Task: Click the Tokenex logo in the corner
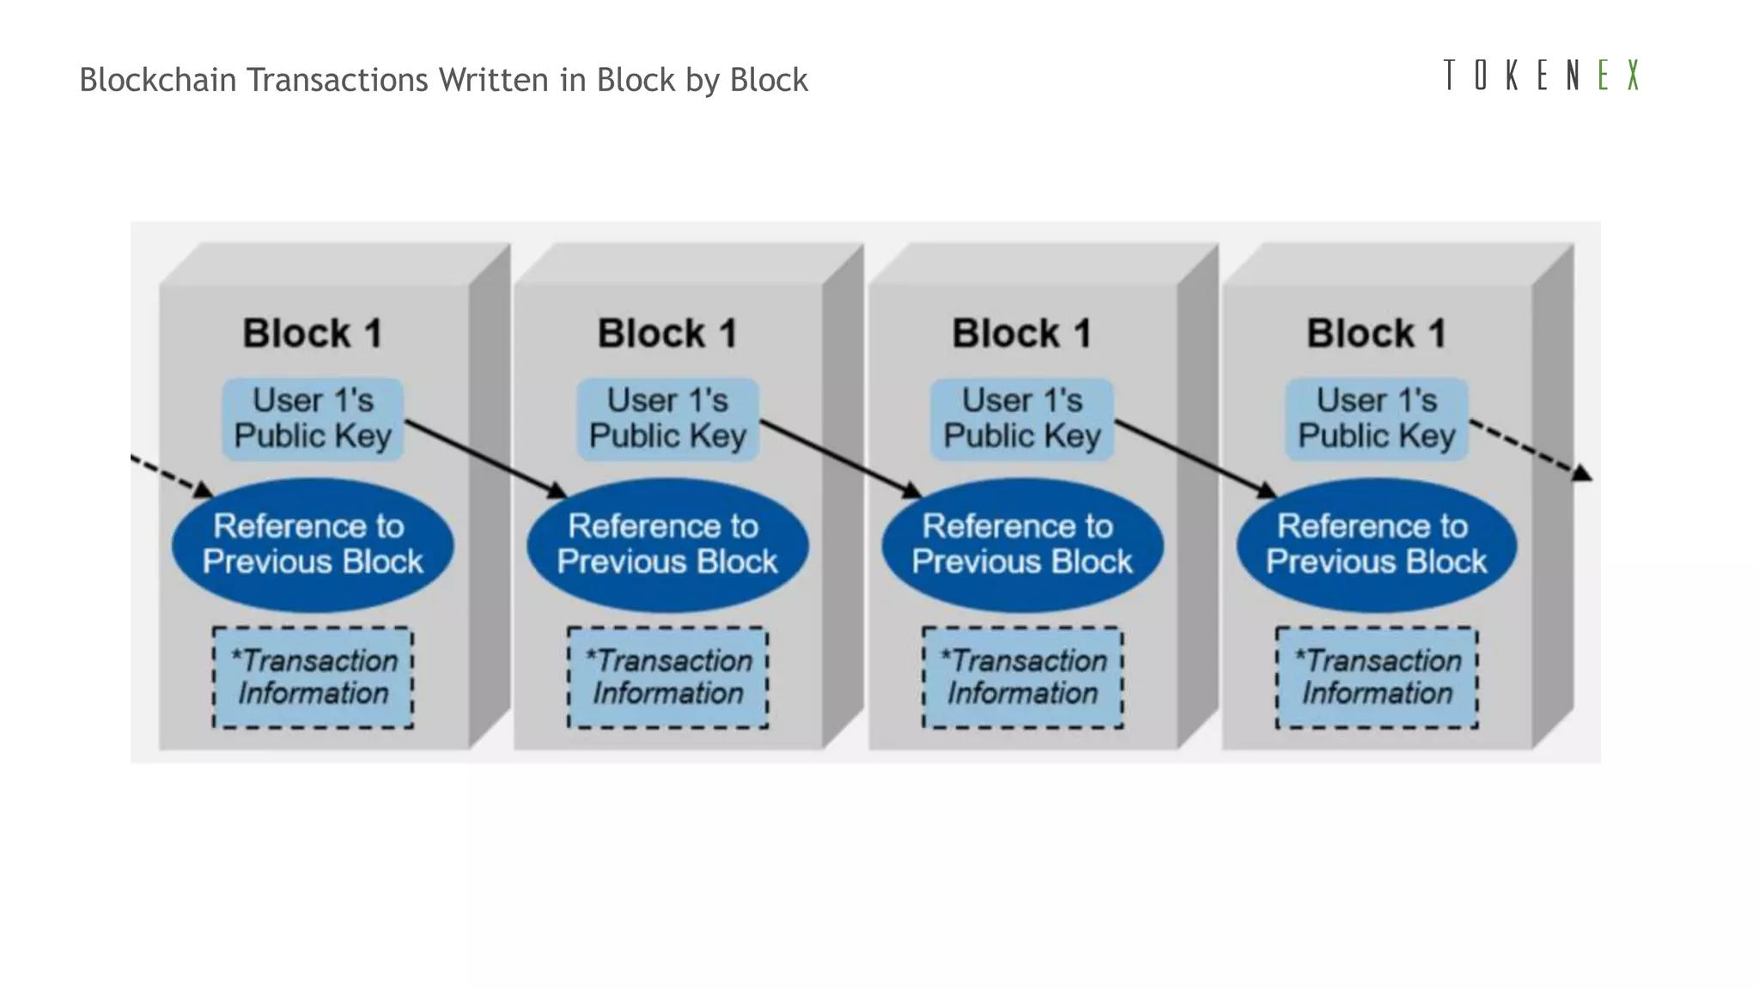click(1541, 76)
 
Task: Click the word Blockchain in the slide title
click(158, 80)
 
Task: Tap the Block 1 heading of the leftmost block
click(313, 333)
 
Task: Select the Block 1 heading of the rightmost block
click(1376, 333)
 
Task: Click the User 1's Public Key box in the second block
click(667, 419)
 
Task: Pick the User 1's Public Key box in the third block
click(1022, 419)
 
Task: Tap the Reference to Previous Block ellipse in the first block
click(313, 544)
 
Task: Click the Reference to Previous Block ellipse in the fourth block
click(1376, 544)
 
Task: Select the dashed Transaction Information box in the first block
click(313, 677)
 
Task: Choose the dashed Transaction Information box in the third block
click(1022, 677)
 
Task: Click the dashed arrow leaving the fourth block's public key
click(1529, 449)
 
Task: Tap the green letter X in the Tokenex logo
click(1633, 76)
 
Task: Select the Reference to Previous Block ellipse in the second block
click(667, 544)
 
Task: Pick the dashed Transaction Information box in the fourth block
click(1376, 677)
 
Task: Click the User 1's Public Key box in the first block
click(313, 419)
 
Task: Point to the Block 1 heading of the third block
click(1022, 333)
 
